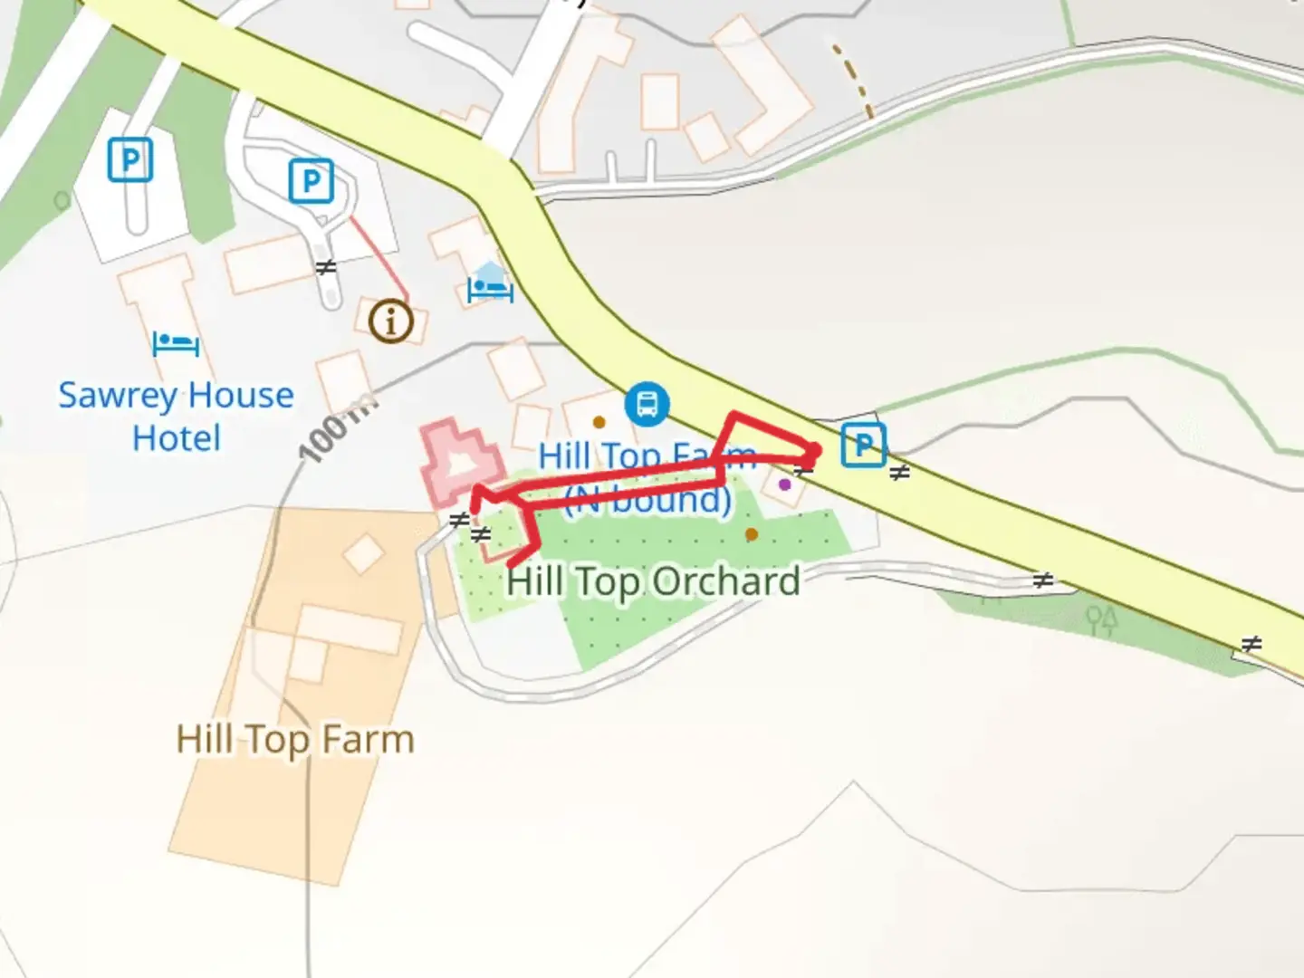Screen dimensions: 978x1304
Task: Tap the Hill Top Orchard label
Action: pyautogui.click(x=653, y=581)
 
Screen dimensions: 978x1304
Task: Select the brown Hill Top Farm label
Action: pyautogui.click(x=295, y=740)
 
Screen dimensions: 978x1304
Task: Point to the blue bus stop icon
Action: pyautogui.click(x=647, y=403)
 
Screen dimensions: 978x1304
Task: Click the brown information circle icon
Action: pyautogui.click(x=391, y=321)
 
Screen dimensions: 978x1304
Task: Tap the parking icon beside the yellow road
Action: pyautogui.click(x=863, y=445)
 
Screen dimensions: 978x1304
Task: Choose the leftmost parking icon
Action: pyautogui.click(x=130, y=160)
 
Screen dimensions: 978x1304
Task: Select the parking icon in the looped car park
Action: pyautogui.click(x=311, y=181)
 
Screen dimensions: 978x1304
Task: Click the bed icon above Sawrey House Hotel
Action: pyautogui.click(x=176, y=344)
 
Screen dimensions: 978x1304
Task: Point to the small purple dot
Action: pyautogui.click(x=784, y=484)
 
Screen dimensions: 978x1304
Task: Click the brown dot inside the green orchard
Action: pyautogui.click(x=751, y=534)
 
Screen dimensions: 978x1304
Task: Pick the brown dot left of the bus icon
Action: pyautogui.click(x=599, y=422)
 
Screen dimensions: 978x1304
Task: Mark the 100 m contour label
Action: pyautogui.click(x=335, y=430)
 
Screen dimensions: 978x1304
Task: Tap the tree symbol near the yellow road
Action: pyautogui.click(x=1101, y=619)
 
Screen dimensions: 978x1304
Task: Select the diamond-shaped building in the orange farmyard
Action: pyautogui.click(x=364, y=554)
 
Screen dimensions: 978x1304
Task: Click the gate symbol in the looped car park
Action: pyautogui.click(x=326, y=267)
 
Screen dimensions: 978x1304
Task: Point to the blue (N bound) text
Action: pyautogui.click(x=647, y=499)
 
